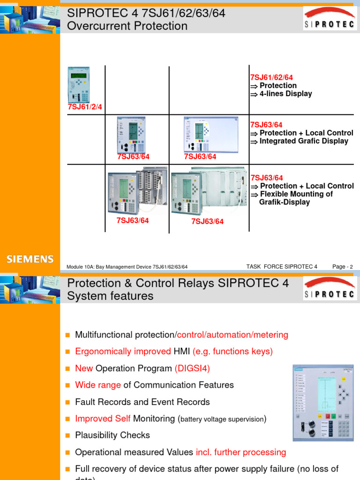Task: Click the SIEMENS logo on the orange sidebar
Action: (30, 259)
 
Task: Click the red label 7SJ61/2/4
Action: (84, 107)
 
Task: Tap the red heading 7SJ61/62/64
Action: (272, 77)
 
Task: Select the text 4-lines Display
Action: (285, 94)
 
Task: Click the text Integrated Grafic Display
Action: (304, 141)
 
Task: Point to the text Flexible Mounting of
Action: (296, 194)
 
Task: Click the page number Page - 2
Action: (342, 267)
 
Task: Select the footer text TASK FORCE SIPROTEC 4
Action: (282, 267)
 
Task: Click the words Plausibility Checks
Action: (112, 435)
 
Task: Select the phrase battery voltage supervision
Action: (222, 419)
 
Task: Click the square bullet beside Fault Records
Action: (67, 402)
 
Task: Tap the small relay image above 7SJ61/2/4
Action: (79, 85)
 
